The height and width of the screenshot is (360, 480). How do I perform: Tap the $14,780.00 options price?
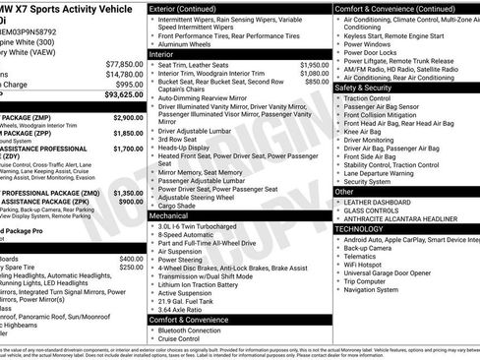pos(124,74)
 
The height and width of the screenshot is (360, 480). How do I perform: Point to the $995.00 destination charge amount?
pos(128,85)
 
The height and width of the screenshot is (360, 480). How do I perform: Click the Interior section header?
pos(167,53)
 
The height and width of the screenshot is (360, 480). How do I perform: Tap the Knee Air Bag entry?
pos(364,132)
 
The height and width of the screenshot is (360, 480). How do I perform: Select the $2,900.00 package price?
pos(128,117)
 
